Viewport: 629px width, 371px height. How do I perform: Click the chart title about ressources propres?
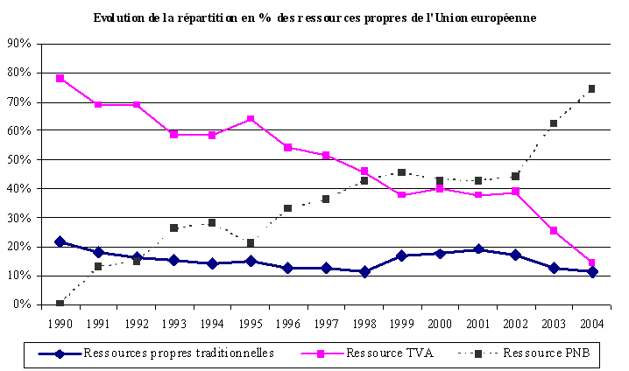point(314,17)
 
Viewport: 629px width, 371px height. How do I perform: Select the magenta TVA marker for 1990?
point(60,78)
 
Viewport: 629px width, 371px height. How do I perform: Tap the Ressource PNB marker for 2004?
point(591,88)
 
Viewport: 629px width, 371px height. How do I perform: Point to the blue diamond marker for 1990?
point(60,241)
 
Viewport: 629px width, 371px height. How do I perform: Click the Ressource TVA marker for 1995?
point(251,119)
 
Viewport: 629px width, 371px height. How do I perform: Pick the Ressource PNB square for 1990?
point(60,304)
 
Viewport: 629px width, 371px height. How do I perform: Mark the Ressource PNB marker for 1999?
point(401,172)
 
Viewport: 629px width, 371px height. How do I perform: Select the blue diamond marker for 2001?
point(477,249)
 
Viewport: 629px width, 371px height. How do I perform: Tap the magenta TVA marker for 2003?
point(554,230)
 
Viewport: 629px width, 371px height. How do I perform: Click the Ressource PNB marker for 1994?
point(212,222)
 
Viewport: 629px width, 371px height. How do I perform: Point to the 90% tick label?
point(18,44)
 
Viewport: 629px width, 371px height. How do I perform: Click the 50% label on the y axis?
point(18,159)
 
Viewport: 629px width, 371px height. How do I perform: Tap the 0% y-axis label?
point(22,304)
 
